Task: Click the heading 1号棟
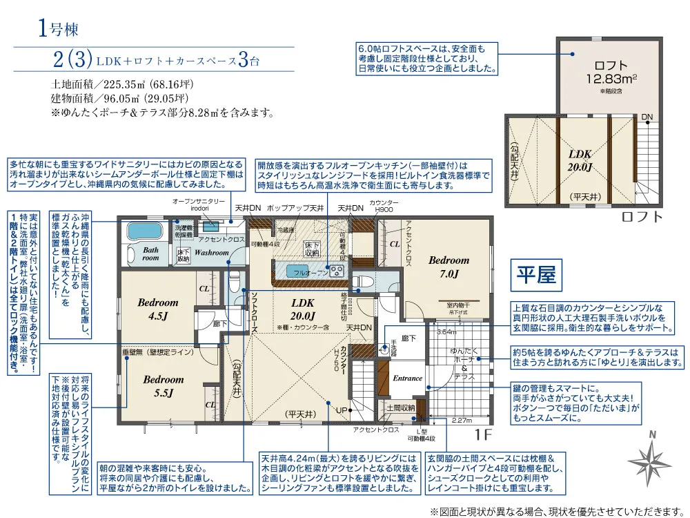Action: tap(59, 30)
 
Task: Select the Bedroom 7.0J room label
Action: tap(448, 267)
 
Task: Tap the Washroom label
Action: tap(211, 253)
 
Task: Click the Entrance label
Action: tap(407, 378)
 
